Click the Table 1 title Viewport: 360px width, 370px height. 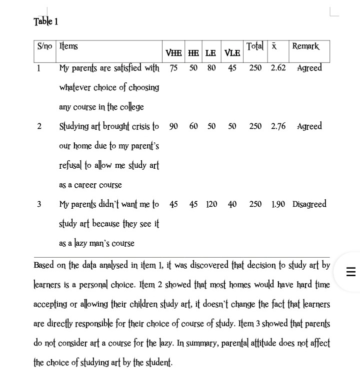coord(45,21)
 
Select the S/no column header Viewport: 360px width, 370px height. coord(44,46)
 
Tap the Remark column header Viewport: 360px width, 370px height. coord(305,46)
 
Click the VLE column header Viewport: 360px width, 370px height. coord(232,53)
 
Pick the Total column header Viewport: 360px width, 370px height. coord(255,46)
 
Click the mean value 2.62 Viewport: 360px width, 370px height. coord(278,68)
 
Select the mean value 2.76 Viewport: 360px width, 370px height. coord(278,126)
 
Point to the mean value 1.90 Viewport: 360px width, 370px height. coord(278,204)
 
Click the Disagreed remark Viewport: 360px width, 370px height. coord(309,204)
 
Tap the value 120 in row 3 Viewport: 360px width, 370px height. coord(211,204)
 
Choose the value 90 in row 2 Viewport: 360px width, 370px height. coord(173,126)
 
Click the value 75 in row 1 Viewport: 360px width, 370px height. coord(173,68)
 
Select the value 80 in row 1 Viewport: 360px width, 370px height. coord(211,68)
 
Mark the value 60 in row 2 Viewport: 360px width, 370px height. coord(193,126)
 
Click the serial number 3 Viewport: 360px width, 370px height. coord(39,204)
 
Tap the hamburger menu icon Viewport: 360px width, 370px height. coord(350,272)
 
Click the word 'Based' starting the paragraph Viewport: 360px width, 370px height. coord(43,265)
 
